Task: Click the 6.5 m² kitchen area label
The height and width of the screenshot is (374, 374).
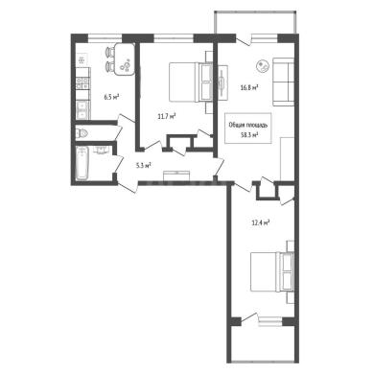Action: (111, 97)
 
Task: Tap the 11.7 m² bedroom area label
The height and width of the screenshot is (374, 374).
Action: (167, 117)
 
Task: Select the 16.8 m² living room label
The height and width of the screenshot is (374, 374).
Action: (249, 87)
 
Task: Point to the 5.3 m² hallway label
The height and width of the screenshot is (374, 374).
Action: (143, 165)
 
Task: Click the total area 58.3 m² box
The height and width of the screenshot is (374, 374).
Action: (248, 129)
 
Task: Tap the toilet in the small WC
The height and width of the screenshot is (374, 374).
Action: (82, 133)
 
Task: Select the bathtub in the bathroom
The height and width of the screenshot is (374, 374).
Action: (82, 163)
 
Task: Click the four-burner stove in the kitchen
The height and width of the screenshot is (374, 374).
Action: (82, 83)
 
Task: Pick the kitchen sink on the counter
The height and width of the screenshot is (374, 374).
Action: (82, 109)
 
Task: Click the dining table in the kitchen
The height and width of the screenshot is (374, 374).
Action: (125, 59)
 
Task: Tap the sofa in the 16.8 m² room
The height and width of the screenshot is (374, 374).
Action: (283, 82)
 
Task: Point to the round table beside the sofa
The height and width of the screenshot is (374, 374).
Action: (263, 66)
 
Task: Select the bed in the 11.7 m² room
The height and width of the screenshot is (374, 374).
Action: (191, 82)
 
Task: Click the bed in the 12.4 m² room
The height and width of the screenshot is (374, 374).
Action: (272, 271)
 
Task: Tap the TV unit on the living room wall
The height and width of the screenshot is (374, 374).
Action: (222, 82)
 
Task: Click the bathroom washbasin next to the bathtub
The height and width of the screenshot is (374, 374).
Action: (103, 150)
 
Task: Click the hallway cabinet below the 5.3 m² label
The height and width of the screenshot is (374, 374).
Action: (176, 175)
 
